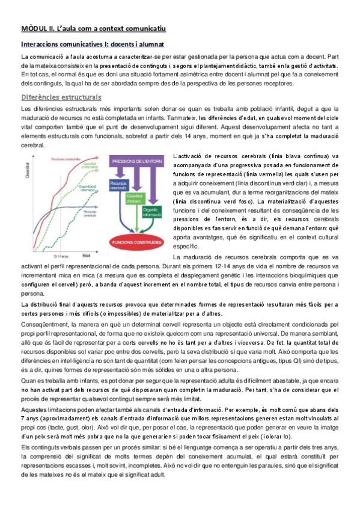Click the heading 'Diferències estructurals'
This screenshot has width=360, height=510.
tap(61, 97)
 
